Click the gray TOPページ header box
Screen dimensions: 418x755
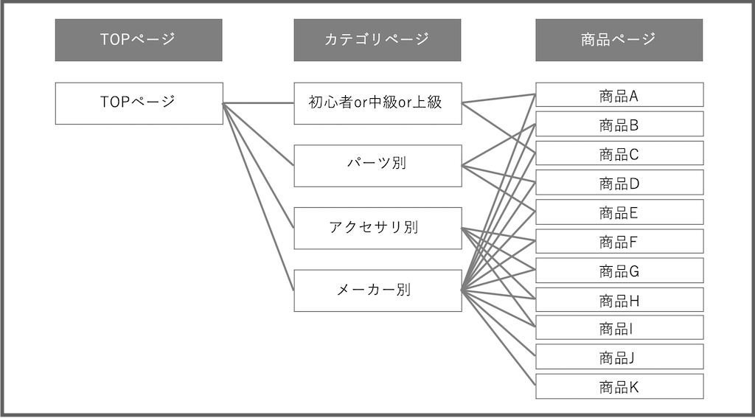pyautogui.click(x=139, y=40)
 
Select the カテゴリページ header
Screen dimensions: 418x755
pyautogui.click(x=377, y=40)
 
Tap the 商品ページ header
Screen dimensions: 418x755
pyautogui.click(x=619, y=40)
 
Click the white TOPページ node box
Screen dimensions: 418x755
pyautogui.click(x=139, y=103)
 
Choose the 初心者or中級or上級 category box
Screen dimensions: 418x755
pyautogui.click(x=377, y=103)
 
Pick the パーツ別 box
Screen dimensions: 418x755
pyautogui.click(x=377, y=165)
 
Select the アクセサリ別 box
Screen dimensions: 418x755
pyautogui.click(x=377, y=228)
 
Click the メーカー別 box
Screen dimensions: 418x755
pyautogui.click(x=377, y=290)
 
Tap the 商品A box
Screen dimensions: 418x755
pyautogui.click(x=619, y=95)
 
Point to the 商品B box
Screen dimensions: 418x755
pyautogui.click(x=619, y=125)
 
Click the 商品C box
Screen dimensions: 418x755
pyautogui.click(x=619, y=153)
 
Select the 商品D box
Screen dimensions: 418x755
pyautogui.click(x=619, y=183)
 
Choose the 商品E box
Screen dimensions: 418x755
pyautogui.click(x=619, y=212)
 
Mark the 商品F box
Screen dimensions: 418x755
pyautogui.click(x=619, y=241)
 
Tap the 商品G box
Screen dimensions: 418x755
pyautogui.click(x=619, y=271)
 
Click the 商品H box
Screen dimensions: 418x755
pyautogui.click(x=619, y=300)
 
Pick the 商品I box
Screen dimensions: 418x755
pyautogui.click(x=619, y=328)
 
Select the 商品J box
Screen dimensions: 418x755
pyautogui.click(x=619, y=357)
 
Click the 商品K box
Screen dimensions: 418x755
pyautogui.click(x=619, y=386)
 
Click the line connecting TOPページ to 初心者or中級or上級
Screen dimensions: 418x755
pyautogui.click(x=258, y=103)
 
